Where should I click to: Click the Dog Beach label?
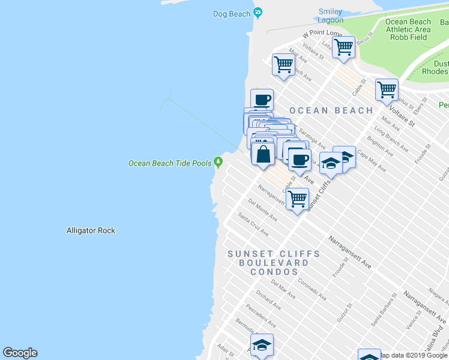click(x=231, y=14)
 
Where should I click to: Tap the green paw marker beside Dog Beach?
click(x=258, y=12)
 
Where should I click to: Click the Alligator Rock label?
click(x=91, y=230)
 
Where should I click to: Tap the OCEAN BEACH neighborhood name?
click(x=331, y=110)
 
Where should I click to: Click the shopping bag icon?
click(x=263, y=154)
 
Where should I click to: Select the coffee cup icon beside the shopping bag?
click(x=300, y=160)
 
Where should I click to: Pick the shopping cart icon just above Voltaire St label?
click(x=387, y=90)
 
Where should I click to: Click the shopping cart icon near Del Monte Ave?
click(x=297, y=199)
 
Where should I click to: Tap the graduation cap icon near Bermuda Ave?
click(x=262, y=345)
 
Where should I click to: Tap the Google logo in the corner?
click(x=20, y=353)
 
